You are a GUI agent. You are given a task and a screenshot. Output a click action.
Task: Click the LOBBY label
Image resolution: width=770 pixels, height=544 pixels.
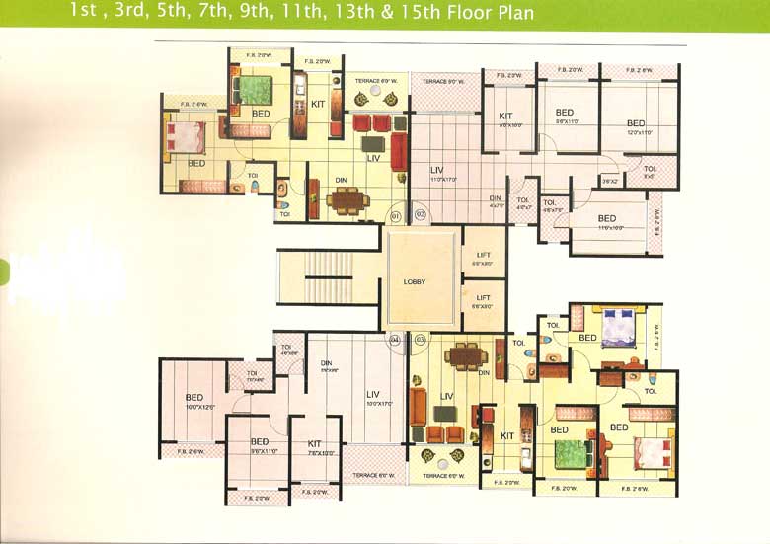(x=415, y=281)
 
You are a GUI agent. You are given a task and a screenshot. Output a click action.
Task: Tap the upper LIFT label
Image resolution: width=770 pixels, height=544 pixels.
(x=483, y=258)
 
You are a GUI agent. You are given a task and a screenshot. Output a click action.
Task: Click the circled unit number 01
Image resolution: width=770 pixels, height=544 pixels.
(x=396, y=214)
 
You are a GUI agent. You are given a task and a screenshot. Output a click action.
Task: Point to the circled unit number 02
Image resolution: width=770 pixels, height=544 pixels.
(x=419, y=214)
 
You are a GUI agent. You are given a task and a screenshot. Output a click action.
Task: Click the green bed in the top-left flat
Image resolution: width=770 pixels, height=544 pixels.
(x=255, y=90)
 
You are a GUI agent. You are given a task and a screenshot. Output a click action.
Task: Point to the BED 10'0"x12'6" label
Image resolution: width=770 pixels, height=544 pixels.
(x=196, y=402)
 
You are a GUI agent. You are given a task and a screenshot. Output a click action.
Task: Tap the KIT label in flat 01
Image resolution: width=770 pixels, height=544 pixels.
(x=318, y=103)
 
